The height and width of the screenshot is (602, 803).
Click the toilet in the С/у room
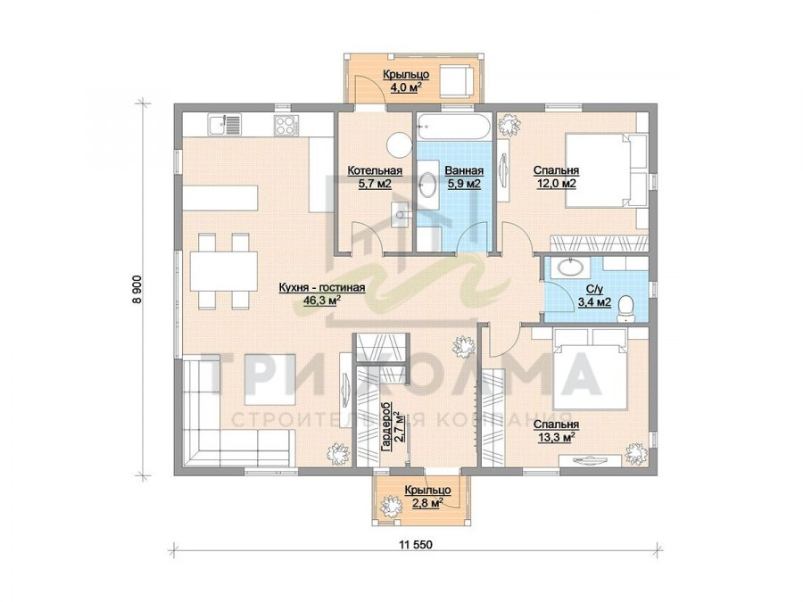(x=625, y=309)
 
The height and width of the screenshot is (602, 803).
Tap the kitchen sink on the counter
(x=224, y=124)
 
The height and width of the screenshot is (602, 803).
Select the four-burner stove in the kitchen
(x=285, y=124)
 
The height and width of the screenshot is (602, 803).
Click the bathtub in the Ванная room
(x=454, y=126)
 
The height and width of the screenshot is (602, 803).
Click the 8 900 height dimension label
(x=137, y=290)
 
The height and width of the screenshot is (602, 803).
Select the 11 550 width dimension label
(x=415, y=544)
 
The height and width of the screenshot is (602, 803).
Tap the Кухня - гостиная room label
(x=321, y=288)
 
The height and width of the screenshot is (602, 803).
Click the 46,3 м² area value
(x=321, y=300)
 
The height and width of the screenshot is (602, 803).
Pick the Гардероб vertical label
(x=386, y=426)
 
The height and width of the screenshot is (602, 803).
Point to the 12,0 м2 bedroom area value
(x=556, y=183)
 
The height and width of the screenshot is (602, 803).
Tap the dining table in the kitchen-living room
(x=223, y=271)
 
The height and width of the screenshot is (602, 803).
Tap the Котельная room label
(x=375, y=170)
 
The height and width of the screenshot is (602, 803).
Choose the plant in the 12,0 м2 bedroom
(x=508, y=125)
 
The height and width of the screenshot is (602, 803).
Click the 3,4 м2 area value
(x=594, y=302)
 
